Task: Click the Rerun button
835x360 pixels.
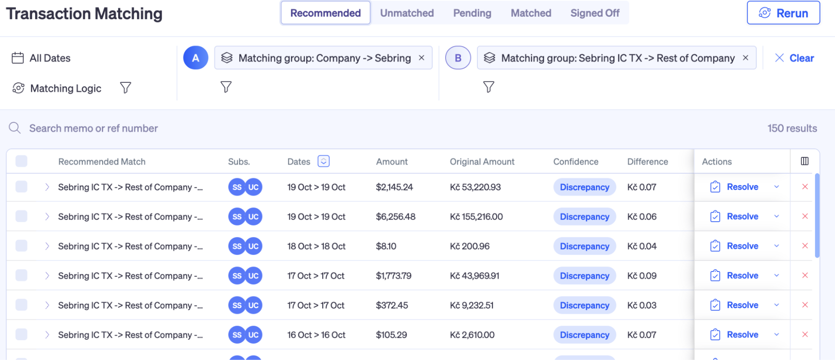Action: (783, 13)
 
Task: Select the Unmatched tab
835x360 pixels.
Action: (407, 13)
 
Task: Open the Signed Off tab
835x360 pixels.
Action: (595, 13)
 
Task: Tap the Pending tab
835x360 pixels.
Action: (472, 13)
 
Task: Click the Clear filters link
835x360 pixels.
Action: (794, 58)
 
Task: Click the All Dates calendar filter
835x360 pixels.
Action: (41, 58)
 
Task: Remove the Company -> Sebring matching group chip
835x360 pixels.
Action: (421, 58)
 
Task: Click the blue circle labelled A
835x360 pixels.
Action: (195, 58)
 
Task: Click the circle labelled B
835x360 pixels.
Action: (458, 58)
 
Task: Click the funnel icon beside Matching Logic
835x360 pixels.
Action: (125, 88)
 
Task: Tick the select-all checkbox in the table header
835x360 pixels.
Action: (21, 161)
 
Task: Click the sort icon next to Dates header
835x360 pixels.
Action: (323, 161)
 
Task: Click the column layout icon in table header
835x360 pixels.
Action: (805, 161)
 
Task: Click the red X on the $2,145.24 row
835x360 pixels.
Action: (805, 187)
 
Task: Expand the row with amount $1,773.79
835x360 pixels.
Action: (47, 276)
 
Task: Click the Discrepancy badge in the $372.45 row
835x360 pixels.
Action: (584, 305)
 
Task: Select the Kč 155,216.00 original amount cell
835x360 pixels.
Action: (476, 216)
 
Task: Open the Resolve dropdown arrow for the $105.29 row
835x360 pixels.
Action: (777, 335)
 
